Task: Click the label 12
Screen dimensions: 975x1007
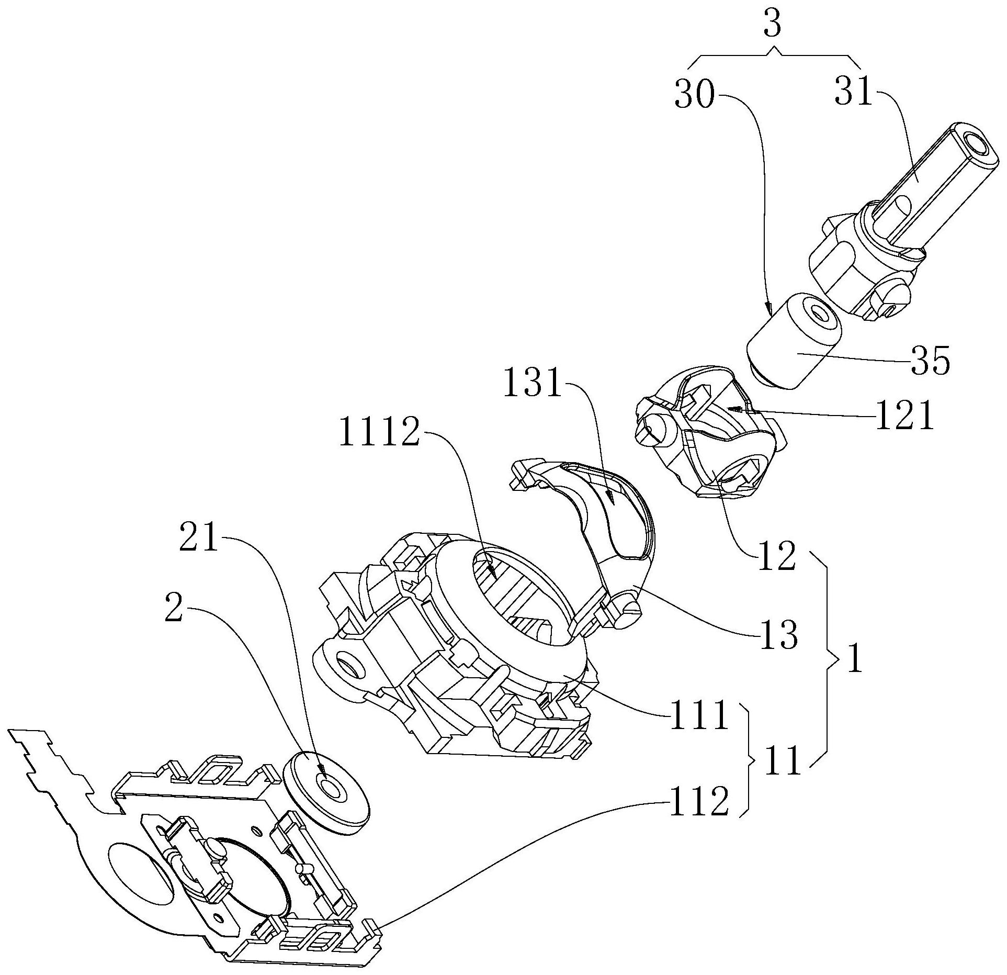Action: pos(776,556)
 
